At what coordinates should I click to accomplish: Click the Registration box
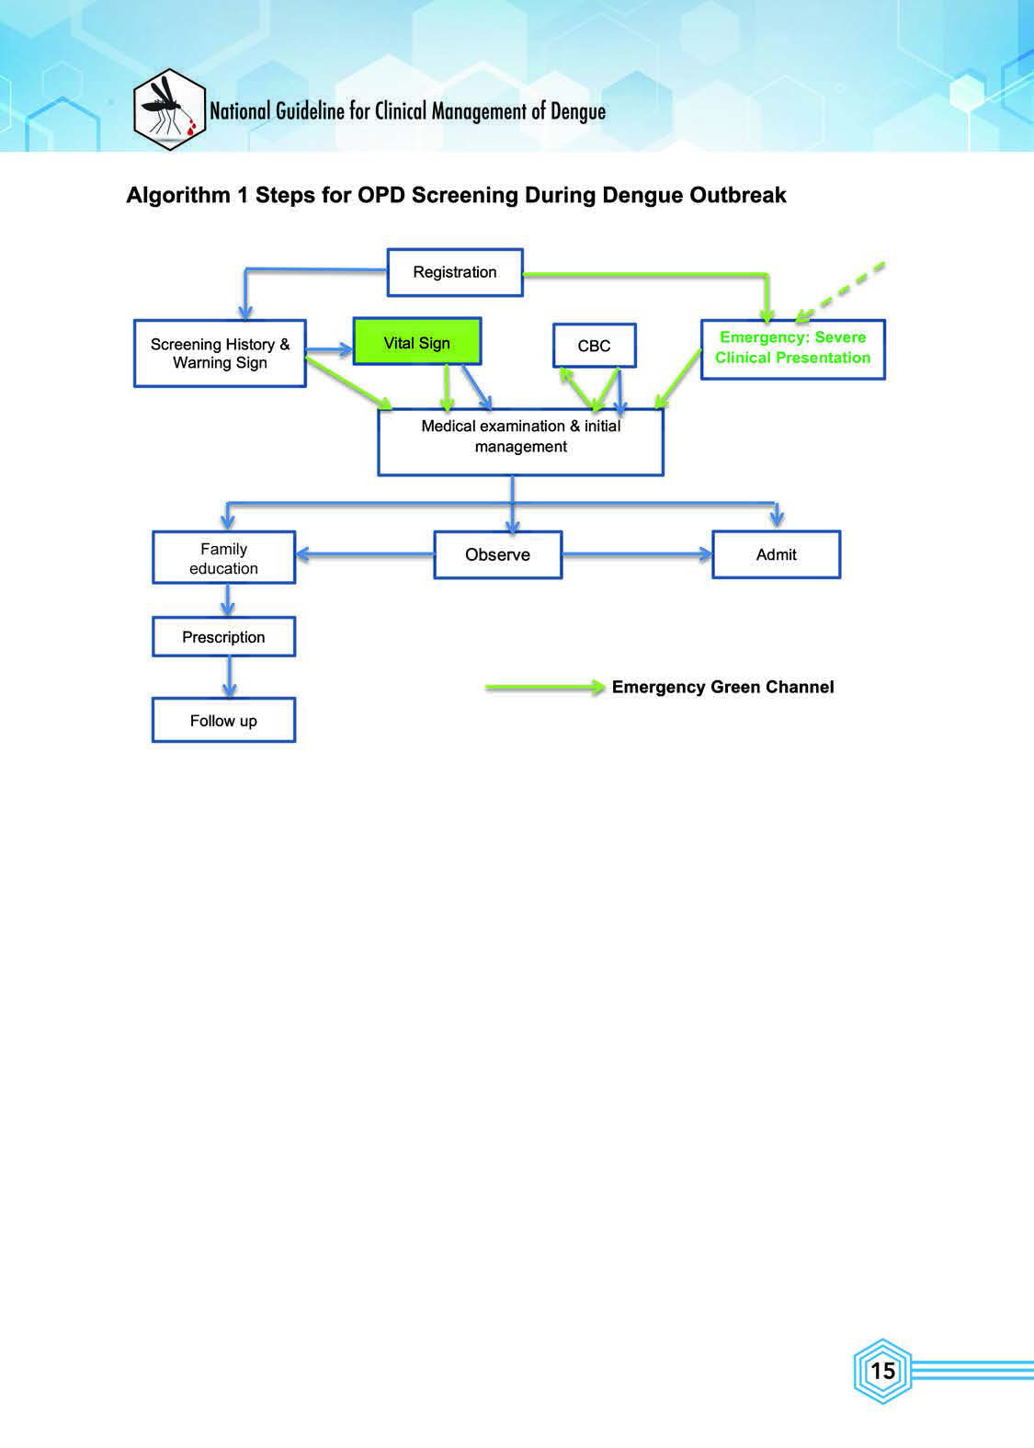click(x=455, y=273)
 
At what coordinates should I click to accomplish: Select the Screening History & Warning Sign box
click(x=220, y=354)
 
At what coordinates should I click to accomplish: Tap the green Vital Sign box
click(x=417, y=341)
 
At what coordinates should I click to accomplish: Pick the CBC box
click(x=595, y=346)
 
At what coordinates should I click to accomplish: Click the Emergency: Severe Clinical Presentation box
click(x=793, y=349)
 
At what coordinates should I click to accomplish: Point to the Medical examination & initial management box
click(x=521, y=442)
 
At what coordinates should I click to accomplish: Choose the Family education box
click(x=224, y=557)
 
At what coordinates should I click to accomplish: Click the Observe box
click(x=498, y=554)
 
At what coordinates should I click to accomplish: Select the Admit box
click(x=777, y=554)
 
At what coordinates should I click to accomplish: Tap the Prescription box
click(x=224, y=637)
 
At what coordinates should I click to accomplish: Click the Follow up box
click(x=224, y=720)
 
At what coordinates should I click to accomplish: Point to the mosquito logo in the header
click(x=169, y=110)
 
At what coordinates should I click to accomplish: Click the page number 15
click(x=882, y=1371)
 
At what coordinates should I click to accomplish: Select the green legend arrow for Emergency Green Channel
click(x=545, y=687)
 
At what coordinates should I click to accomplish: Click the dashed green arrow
click(x=839, y=292)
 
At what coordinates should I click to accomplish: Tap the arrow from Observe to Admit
click(x=637, y=554)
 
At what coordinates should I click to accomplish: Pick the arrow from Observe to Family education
click(x=365, y=554)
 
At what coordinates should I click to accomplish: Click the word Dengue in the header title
click(x=578, y=111)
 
